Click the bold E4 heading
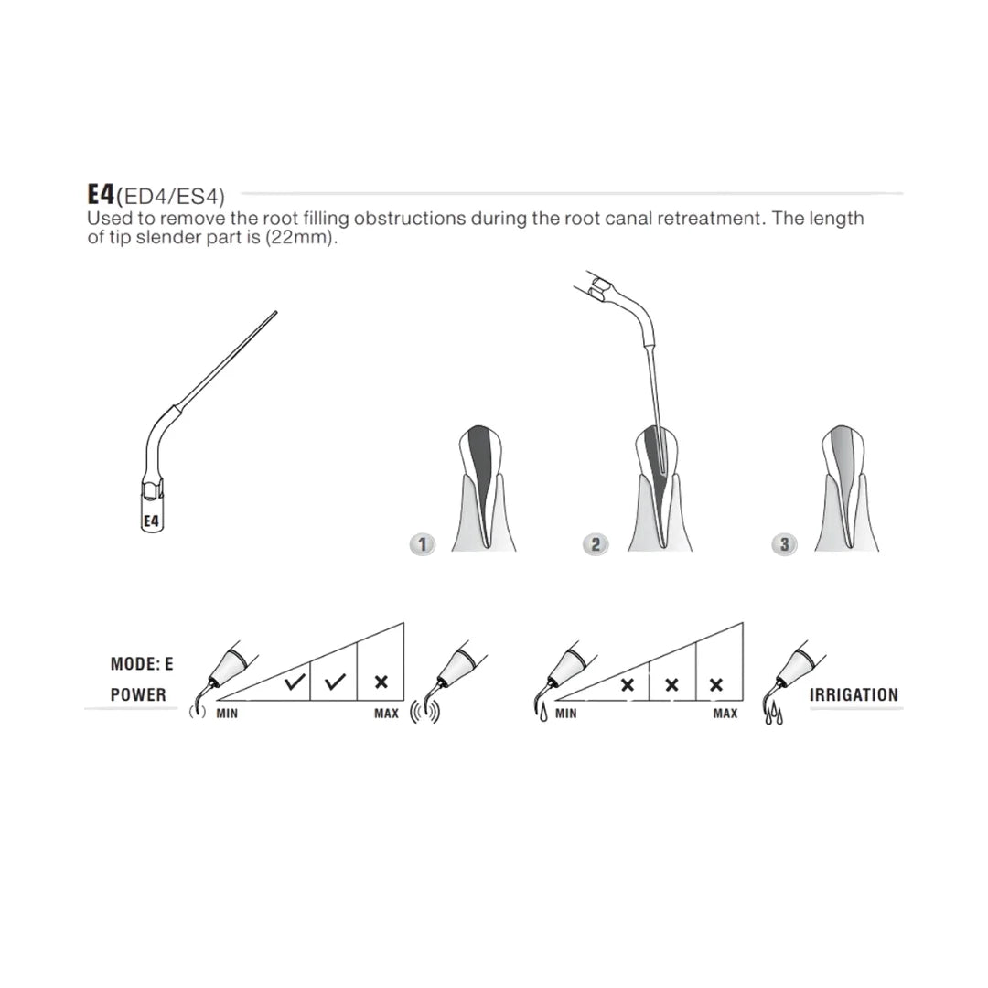click(101, 194)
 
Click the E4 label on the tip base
click(151, 521)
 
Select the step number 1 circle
click(422, 543)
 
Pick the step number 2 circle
click(596, 543)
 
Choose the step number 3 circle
click(784, 543)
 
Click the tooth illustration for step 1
click(483, 489)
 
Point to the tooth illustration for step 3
click(845, 489)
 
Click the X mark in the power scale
click(381, 682)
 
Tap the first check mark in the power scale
click(295, 682)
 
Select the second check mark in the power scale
click(335, 682)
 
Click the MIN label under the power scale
click(227, 714)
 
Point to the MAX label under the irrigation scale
click(725, 714)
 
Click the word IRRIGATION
click(854, 695)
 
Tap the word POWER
click(139, 695)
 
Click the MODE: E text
click(142, 663)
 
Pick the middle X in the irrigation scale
click(671, 684)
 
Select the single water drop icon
click(543, 713)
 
